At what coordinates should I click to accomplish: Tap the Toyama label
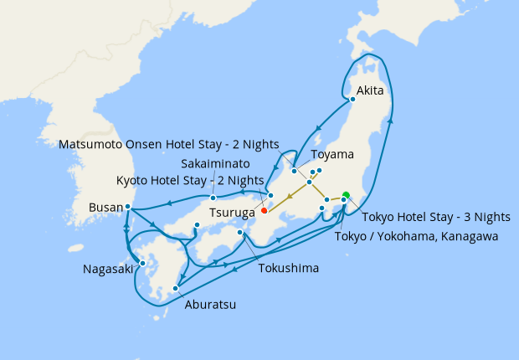pyautogui.click(x=332, y=155)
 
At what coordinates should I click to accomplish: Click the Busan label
pyautogui.click(x=105, y=207)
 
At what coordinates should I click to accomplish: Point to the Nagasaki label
pyautogui.click(x=107, y=269)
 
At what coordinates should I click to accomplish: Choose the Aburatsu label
pyautogui.click(x=209, y=305)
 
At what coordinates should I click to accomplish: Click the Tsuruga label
pyautogui.click(x=234, y=213)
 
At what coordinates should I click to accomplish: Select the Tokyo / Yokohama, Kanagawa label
pyautogui.click(x=416, y=237)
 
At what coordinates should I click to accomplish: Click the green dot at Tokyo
pyautogui.click(x=346, y=196)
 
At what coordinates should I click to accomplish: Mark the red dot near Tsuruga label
pyautogui.click(x=265, y=198)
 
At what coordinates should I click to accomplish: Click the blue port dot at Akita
pyautogui.click(x=352, y=100)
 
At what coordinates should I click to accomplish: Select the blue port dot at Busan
pyautogui.click(x=128, y=207)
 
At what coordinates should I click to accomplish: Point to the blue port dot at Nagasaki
pyautogui.click(x=143, y=263)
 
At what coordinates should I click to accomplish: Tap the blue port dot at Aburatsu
pyautogui.click(x=176, y=289)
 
